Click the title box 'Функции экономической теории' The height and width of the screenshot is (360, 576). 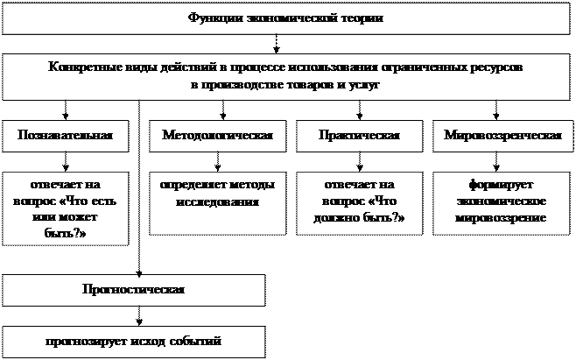pos(285,18)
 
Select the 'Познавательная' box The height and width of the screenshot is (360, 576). pos(66,136)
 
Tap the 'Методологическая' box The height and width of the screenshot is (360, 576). pos(217,136)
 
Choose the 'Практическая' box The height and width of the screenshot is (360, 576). pos(359,136)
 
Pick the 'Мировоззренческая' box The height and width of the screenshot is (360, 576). pos(502,136)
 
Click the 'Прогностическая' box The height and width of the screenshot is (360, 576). pos(134,290)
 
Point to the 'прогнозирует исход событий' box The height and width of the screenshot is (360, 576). pos(134,342)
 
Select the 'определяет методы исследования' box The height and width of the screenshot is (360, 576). pos(217,203)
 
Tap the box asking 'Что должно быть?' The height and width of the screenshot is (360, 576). pos(359,203)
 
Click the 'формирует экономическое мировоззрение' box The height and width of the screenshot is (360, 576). pos(502,203)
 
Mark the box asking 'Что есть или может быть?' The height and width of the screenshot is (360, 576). pos(66,208)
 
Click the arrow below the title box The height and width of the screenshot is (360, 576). pos(277,44)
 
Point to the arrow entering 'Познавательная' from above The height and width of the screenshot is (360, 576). pos(66,110)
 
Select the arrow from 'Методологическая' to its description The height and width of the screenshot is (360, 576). pos(217,162)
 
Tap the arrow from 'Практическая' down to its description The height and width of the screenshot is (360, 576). pos(359,162)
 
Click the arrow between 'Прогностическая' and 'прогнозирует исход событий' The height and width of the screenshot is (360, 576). pos(139,316)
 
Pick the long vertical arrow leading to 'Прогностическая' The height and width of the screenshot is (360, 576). pos(139,188)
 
